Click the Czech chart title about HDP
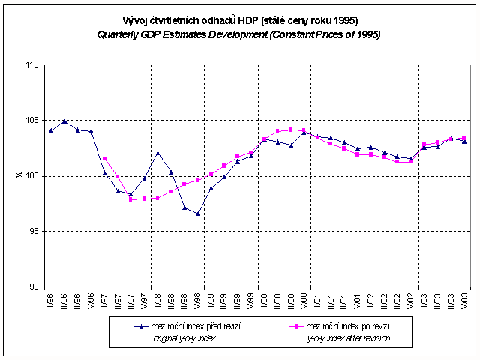239,21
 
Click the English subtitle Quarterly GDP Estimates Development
239,35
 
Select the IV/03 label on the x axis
465,302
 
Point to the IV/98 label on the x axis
198,302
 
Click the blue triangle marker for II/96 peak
64,121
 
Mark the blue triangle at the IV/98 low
198,214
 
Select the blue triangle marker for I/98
158,153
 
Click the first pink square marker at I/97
104,159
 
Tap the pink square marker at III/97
131,200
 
